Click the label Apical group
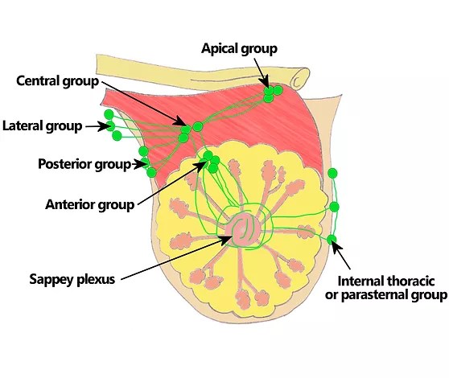pyautogui.click(x=239, y=48)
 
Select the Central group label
pyautogui.click(x=58, y=81)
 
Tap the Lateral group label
pyautogui.click(x=42, y=126)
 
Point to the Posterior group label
pyautogui.click(x=84, y=164)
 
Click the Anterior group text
pyautogui.click(x=89, y=204)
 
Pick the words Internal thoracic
pyautogui.click(x=386, y=281)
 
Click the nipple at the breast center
pyautogui.click(x=245, y=230)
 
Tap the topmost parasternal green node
pyautogui.click(x=333, y=173)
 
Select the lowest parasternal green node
pyautogui.click(x=332, y=239)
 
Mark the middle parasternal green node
pyautogui.click(x=334, y=207)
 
